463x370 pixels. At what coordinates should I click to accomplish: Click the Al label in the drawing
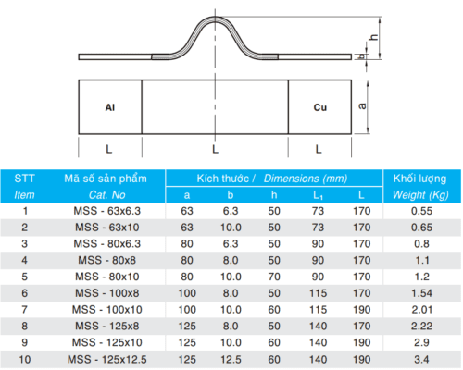pyautogui.click(x=110, y=107)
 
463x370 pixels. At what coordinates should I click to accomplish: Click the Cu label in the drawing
pyautogui.click(x=320, y=107)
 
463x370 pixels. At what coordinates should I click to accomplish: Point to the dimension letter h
pyautogui.click(x=374, y=37)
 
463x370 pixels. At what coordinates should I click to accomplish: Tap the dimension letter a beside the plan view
pyautogui.click(x=362, y=106)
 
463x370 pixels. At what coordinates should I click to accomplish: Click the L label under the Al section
pyautogui.click(x=109, y=150)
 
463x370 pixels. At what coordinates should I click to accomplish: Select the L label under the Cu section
pyautogui.click(x=319, y=150)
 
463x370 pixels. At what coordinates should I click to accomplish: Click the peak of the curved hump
pyautogui.click(x=215, y=17)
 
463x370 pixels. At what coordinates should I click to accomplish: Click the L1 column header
pyautogui.click(x=318, y=195)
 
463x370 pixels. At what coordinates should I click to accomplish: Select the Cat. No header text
pyautogui.click(x=107, y=195)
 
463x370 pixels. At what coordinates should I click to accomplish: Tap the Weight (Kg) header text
pyautogui.click(x=420, y=195)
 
